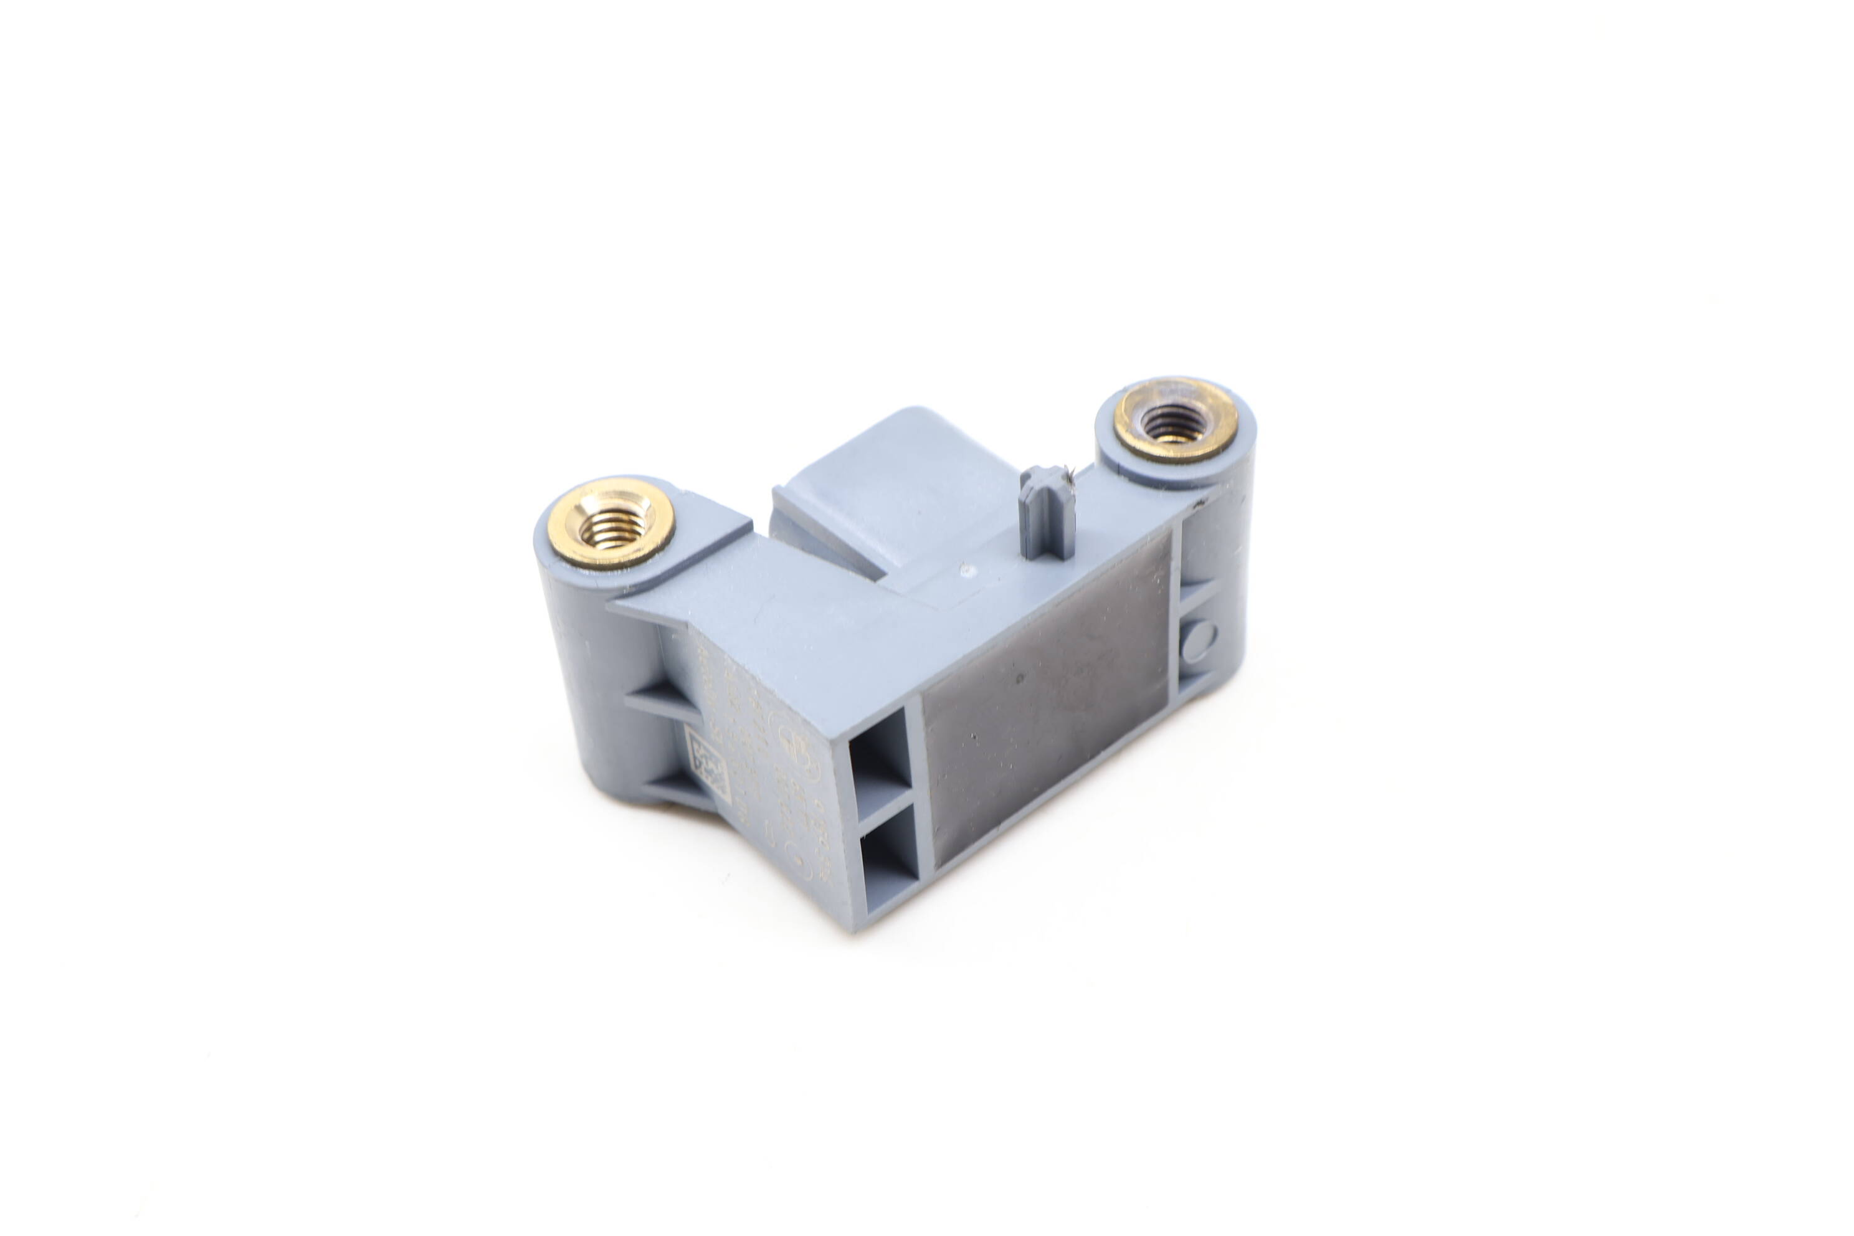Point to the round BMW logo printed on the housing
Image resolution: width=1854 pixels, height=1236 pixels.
click(x=791, y=740)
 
